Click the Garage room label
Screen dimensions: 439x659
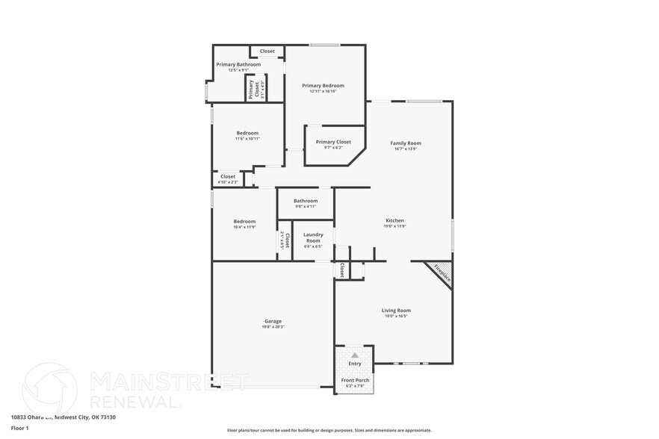pyautogui.click(x=273, y=321)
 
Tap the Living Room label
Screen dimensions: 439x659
pyautogui.click(x=396, y=310)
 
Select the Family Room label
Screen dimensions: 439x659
pyautogui.click(x=406, y=143)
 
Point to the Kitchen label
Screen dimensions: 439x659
pyautogui.click(x=395, y=220)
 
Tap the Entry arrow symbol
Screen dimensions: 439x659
pyautogui.click(x=355, y=355)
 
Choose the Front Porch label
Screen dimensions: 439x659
pyautogui.click(x=355, y=381)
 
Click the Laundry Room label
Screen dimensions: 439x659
pyautogui.click(x=312, y=237)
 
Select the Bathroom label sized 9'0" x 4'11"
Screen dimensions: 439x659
pyautogui.click(x=305, y=200)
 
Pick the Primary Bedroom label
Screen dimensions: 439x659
pyautogui.click(x=323, y=86)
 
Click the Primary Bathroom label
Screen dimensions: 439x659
pyautogui.click(x=238, y=65)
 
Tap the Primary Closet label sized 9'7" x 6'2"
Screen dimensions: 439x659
pyautogui.click(x=333, y=142)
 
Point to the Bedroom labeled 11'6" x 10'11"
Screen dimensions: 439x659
pyautogui.click(x=247, y=133)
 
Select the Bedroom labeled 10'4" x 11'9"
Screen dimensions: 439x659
pyautogui.click(x=244, y=221)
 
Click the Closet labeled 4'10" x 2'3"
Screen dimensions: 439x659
pyautogui.click(x=228, y=177)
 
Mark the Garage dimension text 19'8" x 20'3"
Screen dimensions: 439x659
pyautogui.click(x=273, y=327)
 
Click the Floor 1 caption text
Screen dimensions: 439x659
pyautogui.click(x=19, y=428)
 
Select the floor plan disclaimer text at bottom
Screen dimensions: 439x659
pyautogui.click(x=329, y=430)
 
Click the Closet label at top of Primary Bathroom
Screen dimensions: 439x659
pyautogui.click(x=267, y=52)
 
